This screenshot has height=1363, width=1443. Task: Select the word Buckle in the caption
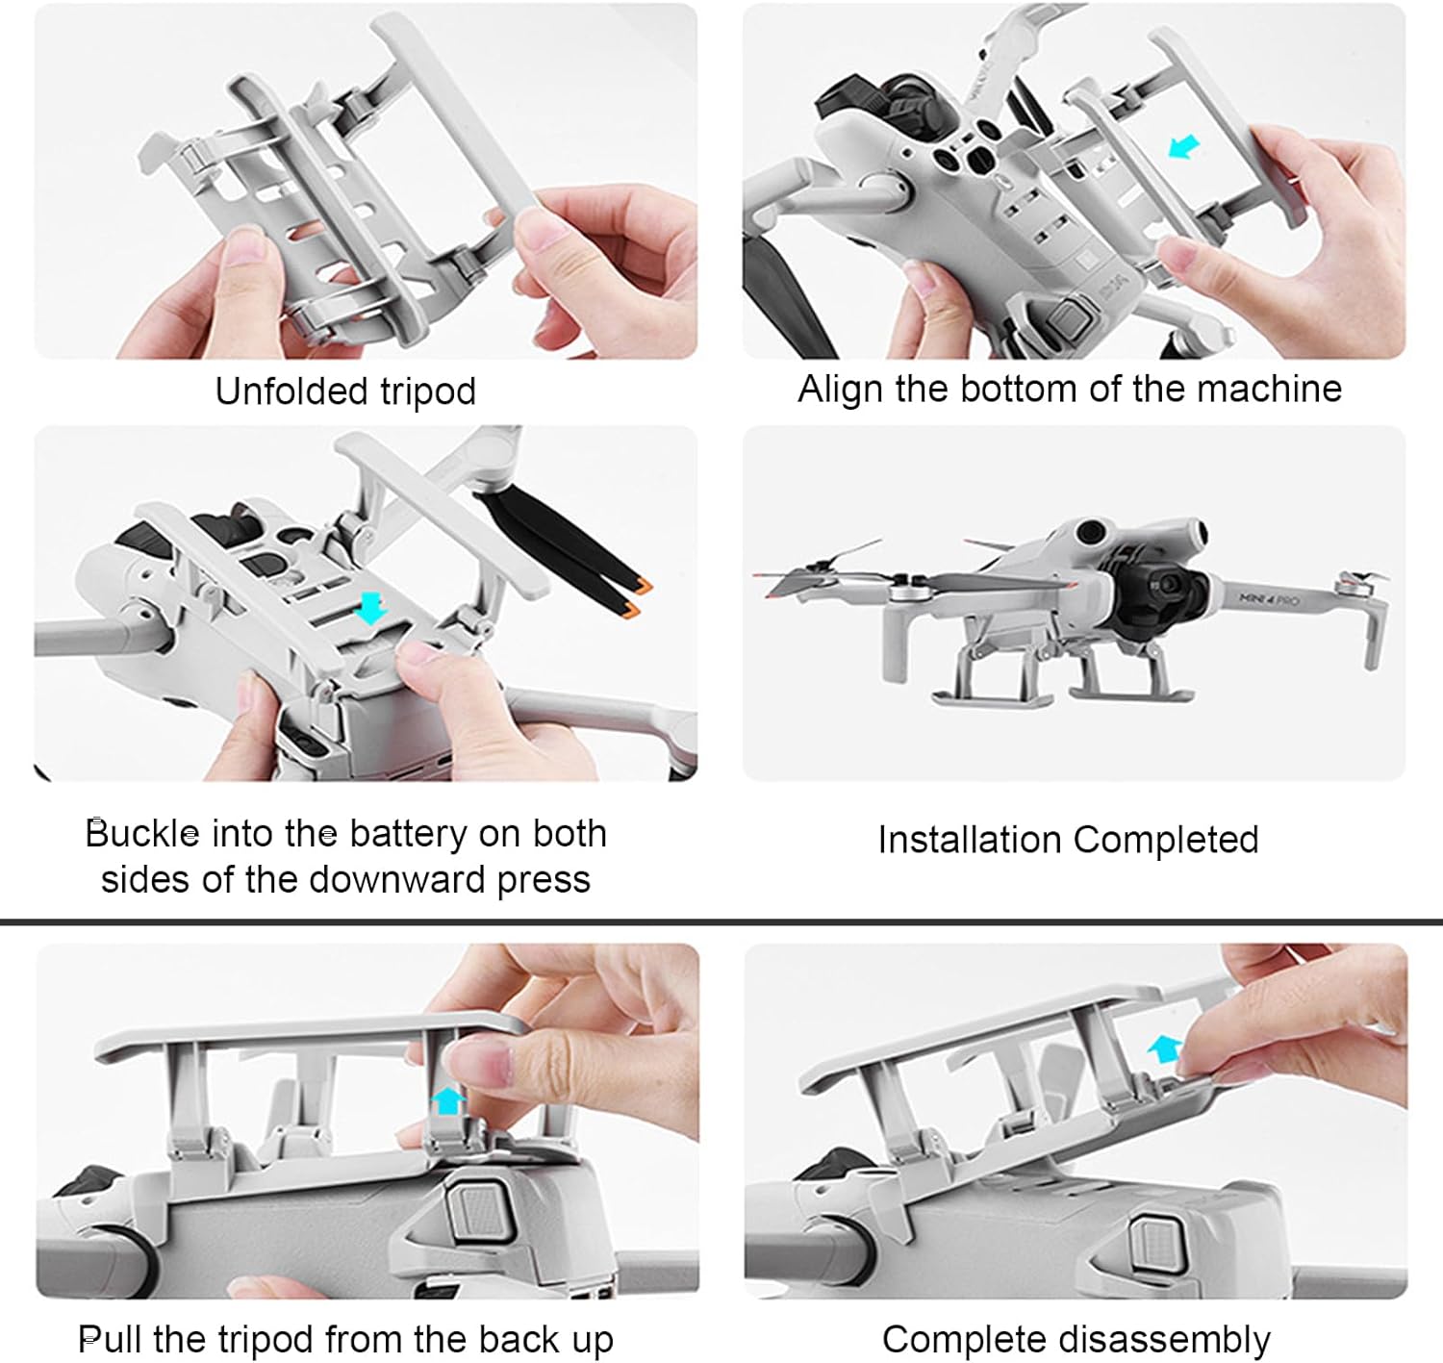click(142, 833)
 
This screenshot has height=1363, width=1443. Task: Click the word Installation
click(970, 839)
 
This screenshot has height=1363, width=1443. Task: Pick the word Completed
click(1165, 841)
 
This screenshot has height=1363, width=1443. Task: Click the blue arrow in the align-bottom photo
click(1183, 148)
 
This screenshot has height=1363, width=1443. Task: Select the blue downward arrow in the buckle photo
click(371, 607)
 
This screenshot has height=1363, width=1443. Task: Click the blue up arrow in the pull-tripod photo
click(449, 1100)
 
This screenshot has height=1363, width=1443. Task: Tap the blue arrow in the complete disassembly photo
click(1165, 1049)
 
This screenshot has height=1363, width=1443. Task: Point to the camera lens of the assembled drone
click(1168, 581)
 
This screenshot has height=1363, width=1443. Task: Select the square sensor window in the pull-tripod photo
click(479, 1210)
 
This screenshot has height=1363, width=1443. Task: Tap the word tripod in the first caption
click(428, 392)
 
